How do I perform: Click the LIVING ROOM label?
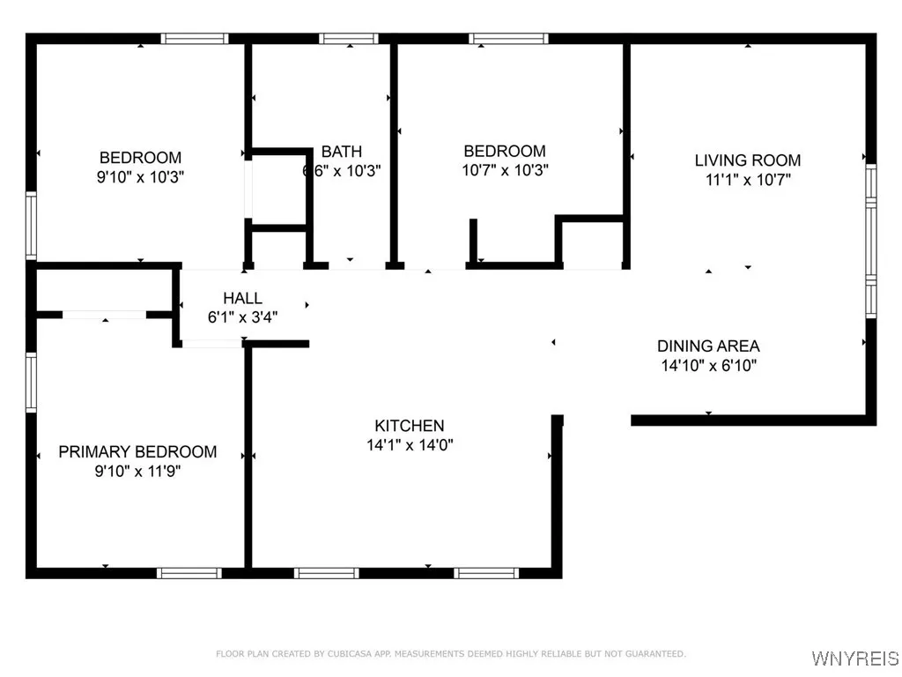[x=748, y=160]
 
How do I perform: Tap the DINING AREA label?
[x=708, y=346]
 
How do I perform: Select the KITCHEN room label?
[x=405, y=426]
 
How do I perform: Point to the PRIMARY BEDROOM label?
[x=137, y=452]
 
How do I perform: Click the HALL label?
[x=242, y=299]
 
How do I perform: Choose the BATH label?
[x=341, y=152]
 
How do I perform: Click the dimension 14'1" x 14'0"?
[x=405, y=445]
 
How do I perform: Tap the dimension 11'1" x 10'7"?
[x=748, y=180]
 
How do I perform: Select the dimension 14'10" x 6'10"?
[x=708, y=365]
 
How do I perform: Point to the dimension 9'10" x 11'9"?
[x=137, y=472]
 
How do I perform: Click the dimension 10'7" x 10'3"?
[x=505, y=170]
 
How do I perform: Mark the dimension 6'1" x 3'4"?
[x=242, y=318]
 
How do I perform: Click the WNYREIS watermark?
[x=854, y=658]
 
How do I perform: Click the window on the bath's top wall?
[x=348, y=39]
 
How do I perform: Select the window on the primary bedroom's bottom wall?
[x=189, y=573]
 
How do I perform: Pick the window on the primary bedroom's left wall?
[x=31, y=383]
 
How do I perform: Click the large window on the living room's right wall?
[x=870, y=241]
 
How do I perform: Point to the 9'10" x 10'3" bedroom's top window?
[x=195, y=39]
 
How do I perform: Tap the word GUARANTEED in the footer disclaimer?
[x=653, y=654]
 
